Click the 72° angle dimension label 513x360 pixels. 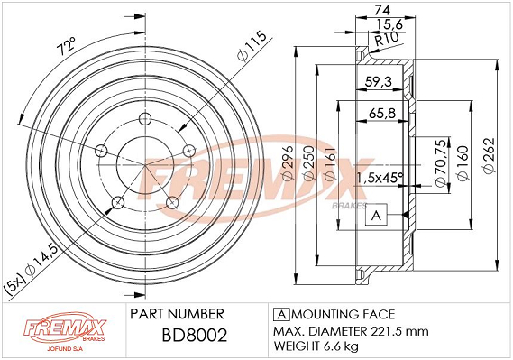click(x=66, y=47)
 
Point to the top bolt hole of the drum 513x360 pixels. click(x=144, y=119)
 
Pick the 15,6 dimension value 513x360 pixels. click(x=389, y=24)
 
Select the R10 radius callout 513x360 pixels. click(x=387, y=40)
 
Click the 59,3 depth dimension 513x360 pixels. click(x=378, y=81)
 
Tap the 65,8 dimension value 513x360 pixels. click(x=382, y=113)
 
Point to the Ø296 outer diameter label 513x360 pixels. click(x=289, y=162)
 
